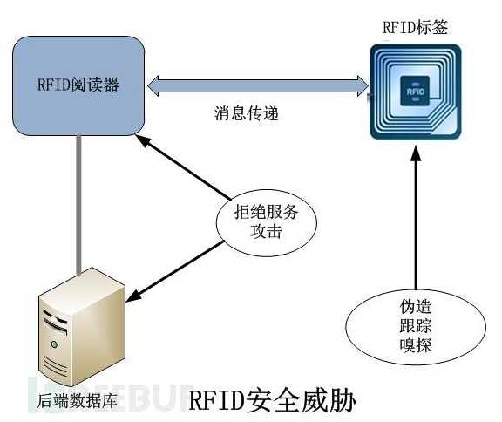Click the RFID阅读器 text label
point(78,85)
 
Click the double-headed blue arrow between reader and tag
point(258,85)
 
